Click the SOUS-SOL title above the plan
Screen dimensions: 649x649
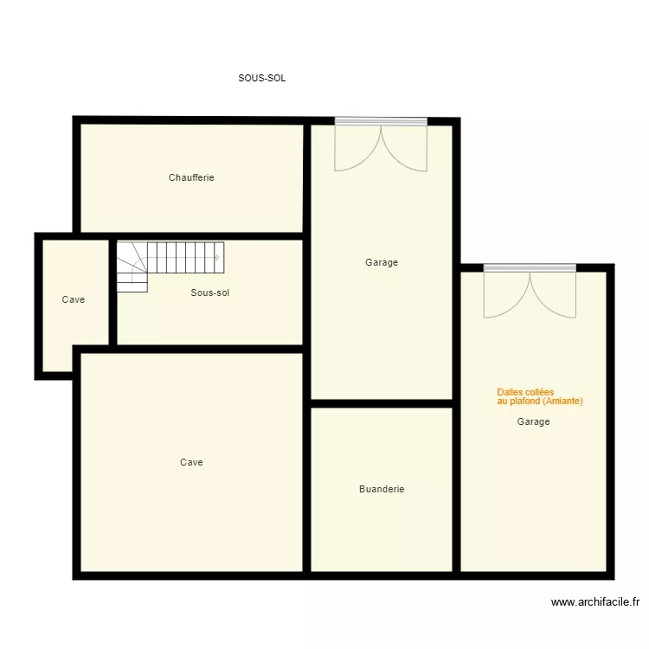click(x=262, y=78)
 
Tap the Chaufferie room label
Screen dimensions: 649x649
click(x=191, y=177)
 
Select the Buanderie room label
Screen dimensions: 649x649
click(x=382, y=489)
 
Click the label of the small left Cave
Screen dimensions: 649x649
click(x=74, y=299)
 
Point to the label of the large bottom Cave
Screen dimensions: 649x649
click(x=191, y=462)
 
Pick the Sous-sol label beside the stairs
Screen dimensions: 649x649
click(x=210, y=292)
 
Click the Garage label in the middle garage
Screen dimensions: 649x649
click(x=382, y=262)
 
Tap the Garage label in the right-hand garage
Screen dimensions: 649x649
click(x=533, y=421)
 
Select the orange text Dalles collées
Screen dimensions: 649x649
click(x=525, y=392)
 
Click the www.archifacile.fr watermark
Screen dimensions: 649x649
click(x=594, y=602)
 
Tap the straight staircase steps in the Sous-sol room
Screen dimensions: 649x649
click(x=185, y=254)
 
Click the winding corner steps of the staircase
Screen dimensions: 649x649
click(x=132, y=267)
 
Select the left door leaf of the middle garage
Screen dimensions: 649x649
click(x=357, y=149)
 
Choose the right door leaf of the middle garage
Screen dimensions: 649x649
click(x=405, y=149)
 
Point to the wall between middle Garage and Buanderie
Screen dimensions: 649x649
click(x=382, y=403)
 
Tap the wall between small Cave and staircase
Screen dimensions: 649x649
click(x=112, y=291)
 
